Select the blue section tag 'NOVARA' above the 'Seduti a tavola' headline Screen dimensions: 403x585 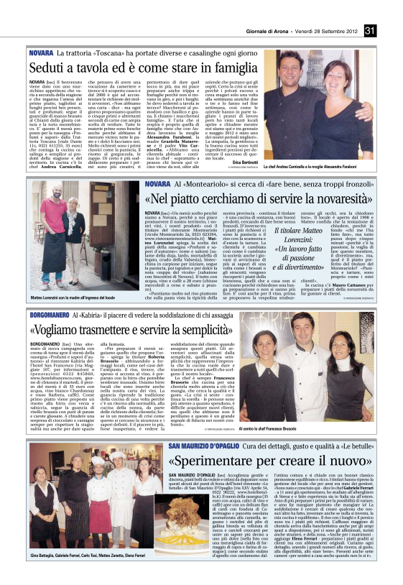coord(41,53)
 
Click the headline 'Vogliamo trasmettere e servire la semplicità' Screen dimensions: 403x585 coord(133,331)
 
